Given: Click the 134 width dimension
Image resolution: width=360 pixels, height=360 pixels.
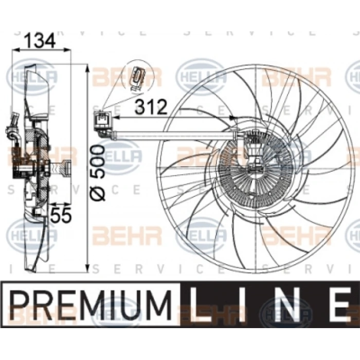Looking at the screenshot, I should (x=41, y=40).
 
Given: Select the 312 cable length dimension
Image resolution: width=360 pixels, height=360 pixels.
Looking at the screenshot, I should (x=152, y=107).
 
